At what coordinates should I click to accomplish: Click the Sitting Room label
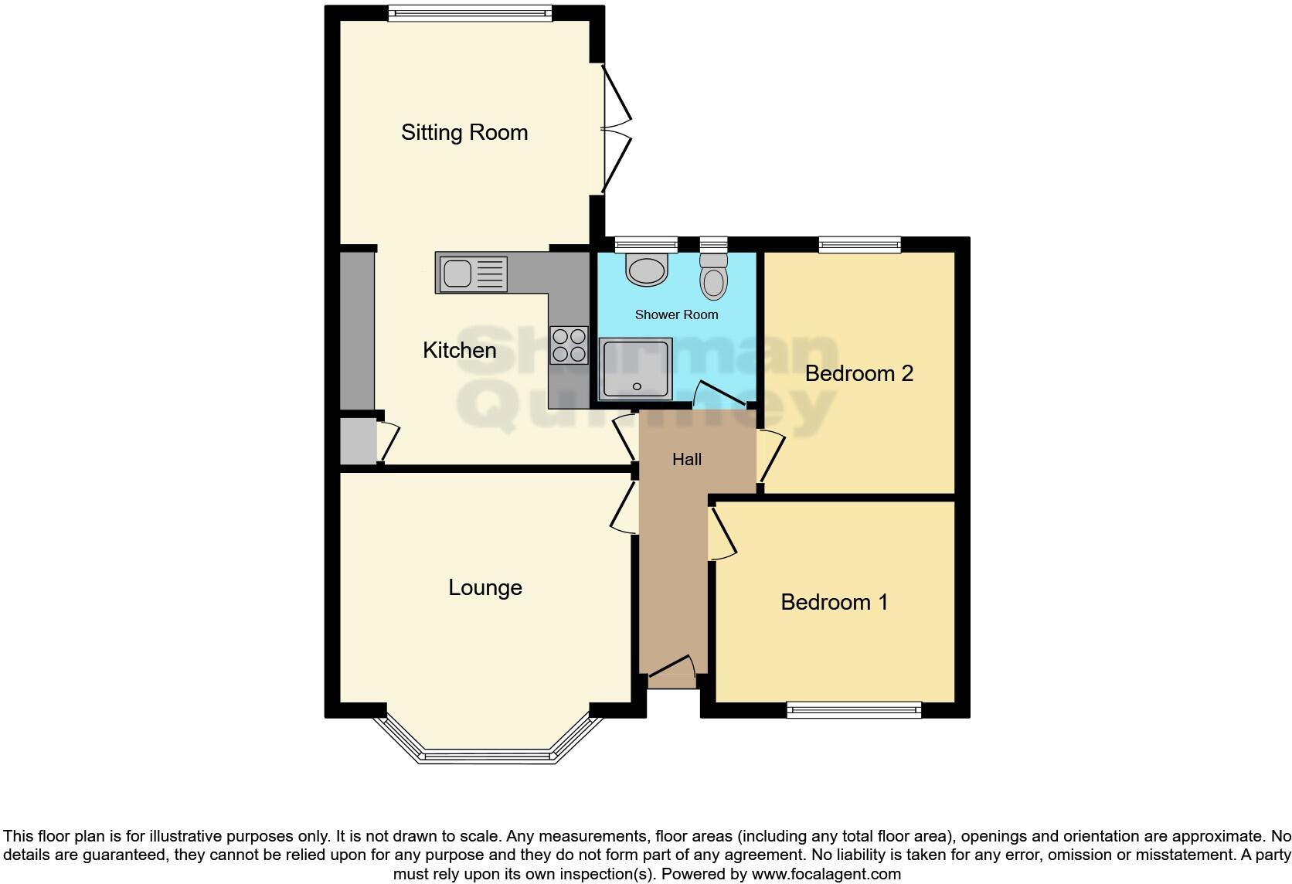pyautogui.click(x=464, y=133)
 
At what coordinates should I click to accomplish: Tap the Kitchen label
pyautogui.click(x=459, y=351)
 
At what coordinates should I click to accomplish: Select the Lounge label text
pyautogui.click(x=485, y=588)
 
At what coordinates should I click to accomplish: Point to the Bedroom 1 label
pyautogui.click(x=834, y=602)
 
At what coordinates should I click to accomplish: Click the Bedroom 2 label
pyautogui.click(x=858, y=374)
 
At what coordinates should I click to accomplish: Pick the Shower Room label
pyautogui.click(x=676, y=315)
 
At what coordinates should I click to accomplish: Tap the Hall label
pyautogui.click(x=686, y=460)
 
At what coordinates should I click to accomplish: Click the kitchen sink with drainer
pyautogui.click(x=472, y=274)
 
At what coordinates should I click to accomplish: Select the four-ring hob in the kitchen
pyautogui.click(x=569, y=345)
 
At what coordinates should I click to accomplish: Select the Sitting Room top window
pyautogui.click(x=470, y=12)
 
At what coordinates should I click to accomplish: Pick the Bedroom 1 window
pyautogui.click(x=854, y=709)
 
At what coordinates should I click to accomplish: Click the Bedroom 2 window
pyautogui.click(x=859, y=245)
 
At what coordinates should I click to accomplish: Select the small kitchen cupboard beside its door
pyautogui.click(x=358, y=441)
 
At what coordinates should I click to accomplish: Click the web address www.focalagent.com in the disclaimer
pyautogui.click(x=826, y=875)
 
